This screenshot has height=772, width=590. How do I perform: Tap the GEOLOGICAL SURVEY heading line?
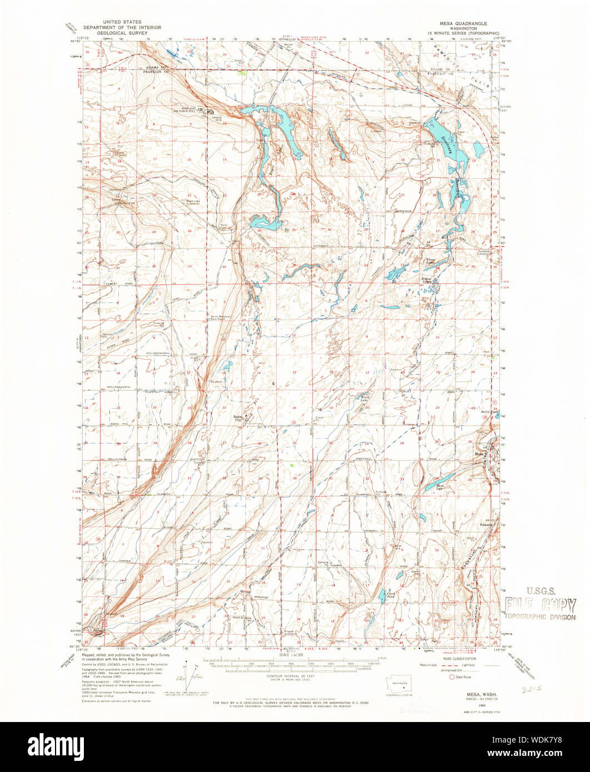pyautogui.click(x=122, y=33)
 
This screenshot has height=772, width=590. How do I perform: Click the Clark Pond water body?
pyautogui.click(x=382, y=596)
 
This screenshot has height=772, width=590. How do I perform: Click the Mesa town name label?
pyautogui.click(x=478, y=454)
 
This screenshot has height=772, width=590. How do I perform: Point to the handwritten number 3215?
pyautogui.click(x=530, y=687)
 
